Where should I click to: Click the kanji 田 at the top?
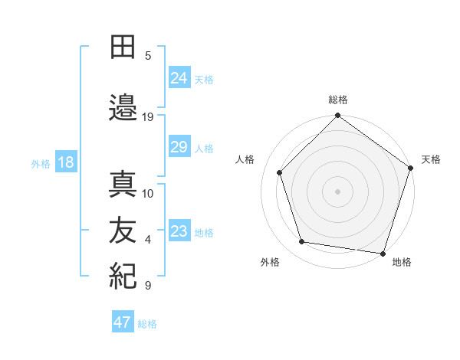[x=123, y=48]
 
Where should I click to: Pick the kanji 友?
[x=123, y=232]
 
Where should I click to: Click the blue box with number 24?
[x=179, y=78]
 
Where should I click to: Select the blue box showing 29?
[x=179, y=148]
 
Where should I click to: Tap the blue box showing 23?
[x=179, y=231]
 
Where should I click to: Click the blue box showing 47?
[x=123, y=322]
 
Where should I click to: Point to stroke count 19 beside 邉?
[x=148, y=117]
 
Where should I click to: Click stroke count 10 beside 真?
[x=148, y=193]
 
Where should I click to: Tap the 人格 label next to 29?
[x=204, y=149]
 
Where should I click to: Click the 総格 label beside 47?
[x=147, y=324]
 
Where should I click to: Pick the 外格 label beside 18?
[x=41, y=164]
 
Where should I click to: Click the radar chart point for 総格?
[x=337, y=116]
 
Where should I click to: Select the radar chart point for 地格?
[x=383, y=253]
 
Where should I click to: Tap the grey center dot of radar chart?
[x=337, y=191]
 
